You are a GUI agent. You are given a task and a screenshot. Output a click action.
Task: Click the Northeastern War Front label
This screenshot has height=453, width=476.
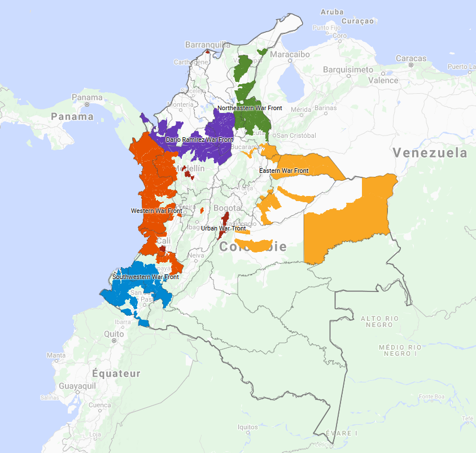(250, 108)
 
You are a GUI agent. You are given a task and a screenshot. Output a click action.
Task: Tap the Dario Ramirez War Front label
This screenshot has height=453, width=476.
(199, 140)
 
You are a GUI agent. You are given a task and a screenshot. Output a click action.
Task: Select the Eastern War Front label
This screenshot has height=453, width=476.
(284, 171)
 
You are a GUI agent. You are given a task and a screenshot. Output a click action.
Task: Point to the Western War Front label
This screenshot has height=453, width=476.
(156, 211)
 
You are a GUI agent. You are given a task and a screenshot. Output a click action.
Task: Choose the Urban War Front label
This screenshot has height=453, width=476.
(224, 228)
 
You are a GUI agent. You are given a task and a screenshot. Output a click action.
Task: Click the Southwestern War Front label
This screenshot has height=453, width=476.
(146, 277)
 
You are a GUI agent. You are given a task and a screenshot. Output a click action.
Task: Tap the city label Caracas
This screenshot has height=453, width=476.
(411, 58)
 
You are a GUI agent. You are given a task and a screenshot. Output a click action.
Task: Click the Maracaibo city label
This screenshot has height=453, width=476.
(290, 55)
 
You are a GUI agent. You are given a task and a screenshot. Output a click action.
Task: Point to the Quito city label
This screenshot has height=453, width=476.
(113, 334)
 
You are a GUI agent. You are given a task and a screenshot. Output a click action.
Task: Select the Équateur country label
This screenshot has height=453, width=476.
(116, 373)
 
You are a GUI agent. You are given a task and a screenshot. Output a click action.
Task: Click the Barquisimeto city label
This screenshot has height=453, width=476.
(348, 69)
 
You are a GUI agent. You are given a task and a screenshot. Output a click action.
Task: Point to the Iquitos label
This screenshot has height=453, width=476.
(247, 427)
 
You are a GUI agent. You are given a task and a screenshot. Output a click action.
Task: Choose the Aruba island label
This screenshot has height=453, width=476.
(331, 12)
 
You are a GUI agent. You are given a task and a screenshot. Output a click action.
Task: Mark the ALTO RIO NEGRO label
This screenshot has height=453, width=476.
(379, 321)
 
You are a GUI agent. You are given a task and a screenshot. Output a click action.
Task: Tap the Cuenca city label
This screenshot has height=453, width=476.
(100, 405)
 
